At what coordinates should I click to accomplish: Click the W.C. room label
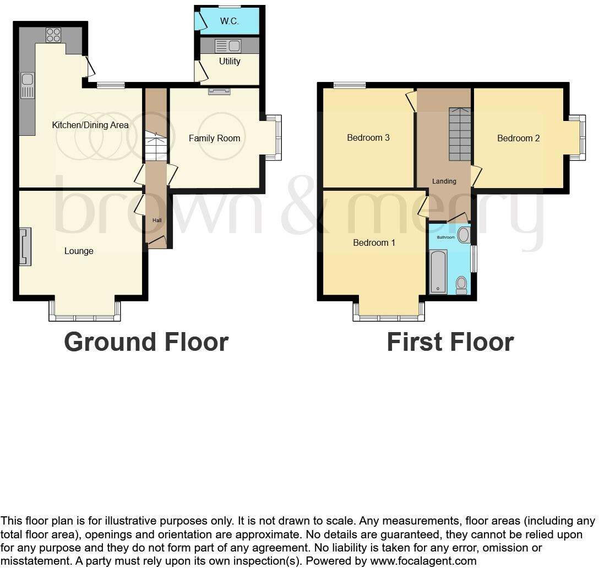point(229,21)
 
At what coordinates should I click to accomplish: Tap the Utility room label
point(230,61)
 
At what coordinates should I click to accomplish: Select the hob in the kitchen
point(53,35)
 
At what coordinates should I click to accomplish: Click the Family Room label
point(214,138)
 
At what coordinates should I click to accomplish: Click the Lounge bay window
point(84,317)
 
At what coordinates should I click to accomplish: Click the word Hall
point(157,220)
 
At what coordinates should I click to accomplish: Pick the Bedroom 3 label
point(368,137)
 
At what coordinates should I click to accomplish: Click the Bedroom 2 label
point(518,138)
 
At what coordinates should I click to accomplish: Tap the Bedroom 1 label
point(374,242)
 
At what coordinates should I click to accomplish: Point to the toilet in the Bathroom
point(461,284)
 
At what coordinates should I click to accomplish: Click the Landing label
point(444,181)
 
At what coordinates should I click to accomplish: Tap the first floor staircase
point(460,134)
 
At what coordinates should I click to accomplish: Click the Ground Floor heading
point(146,341)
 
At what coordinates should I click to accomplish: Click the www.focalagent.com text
point(423,561)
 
